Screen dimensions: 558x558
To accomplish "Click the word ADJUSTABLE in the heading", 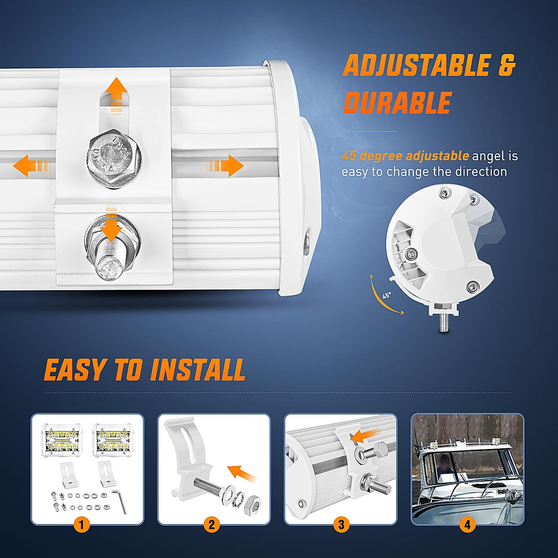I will pos(416,65).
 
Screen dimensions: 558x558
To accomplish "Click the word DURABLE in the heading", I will pos(398,102).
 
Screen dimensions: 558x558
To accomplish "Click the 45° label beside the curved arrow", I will pos(387,296).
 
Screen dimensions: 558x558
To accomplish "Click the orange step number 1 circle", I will pos(82,524).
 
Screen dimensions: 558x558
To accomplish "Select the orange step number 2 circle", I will pos(211,524).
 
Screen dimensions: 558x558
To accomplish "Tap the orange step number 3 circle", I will pos(341,524).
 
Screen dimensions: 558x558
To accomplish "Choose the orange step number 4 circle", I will pos(467,524).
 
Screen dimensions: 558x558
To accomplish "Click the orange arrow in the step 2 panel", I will pos(243,473).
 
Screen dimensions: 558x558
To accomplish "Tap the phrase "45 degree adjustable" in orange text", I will pos(405,156).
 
